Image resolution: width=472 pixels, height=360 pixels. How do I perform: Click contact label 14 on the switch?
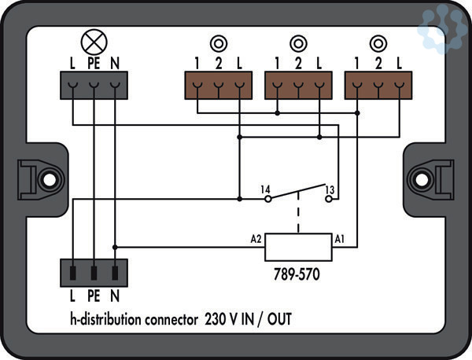pyautogui.click(x=266, y=189)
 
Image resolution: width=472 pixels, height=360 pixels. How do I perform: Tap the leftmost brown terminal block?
pyautogui.click(x=217, y=85)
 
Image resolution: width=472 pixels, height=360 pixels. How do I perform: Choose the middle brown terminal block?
pyautogui.click(x=297, y=85)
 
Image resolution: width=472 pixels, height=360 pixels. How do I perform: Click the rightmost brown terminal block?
pyautogui.click(x=378, y=85)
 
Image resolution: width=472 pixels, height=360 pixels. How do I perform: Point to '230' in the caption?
pyautogui.click(x=216, y=319)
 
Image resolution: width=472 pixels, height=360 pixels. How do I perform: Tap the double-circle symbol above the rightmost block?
pyautogui.click(x=378, y=43)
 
